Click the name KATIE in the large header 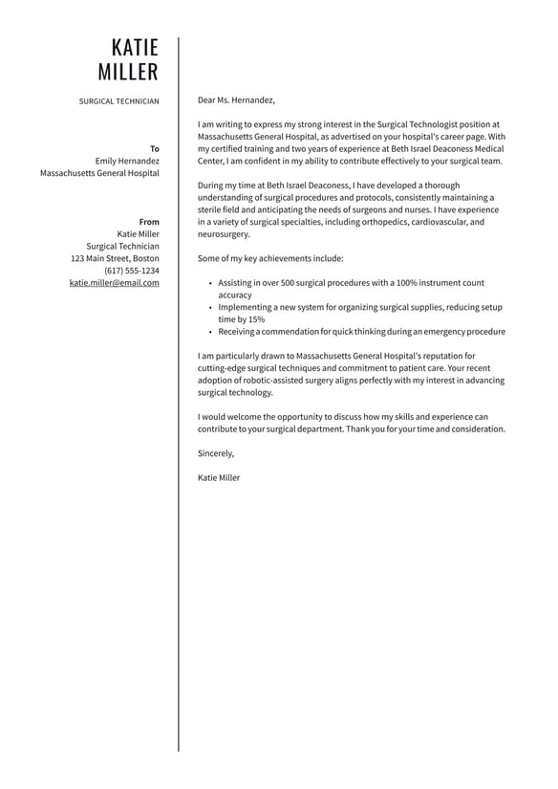pyautogui.click(x=135, y=48)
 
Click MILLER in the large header pyautogui.click(x=128, y=73)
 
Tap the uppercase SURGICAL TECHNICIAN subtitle pyautogui.click(x=119, y=100)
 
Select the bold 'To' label pyautogui.click(x=155, y=148)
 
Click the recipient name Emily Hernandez pyautogui.click(x=127, y=161)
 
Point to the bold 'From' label pyautogui.click(x=149, y=222)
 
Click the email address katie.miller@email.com pyautogui.click(x=115, y=283)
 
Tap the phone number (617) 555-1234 pyautogui.click(x=132, y=271)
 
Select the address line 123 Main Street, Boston pyautogui.click(x=115, y=258)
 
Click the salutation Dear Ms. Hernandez pyautogui.click(x=236, y=99)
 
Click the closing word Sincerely pyautogui.click(x=215, y=453)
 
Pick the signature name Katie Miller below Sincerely pyautogui.click(x=219, y=477)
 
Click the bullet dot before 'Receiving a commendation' pyautogui.click(x=209, y=332)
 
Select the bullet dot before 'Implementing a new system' pyautogui.click(x=209, y=308)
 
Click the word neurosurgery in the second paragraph pyautogui.click(x=223, y=234)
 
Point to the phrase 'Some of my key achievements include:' pyautogui.click(x=269, y=258)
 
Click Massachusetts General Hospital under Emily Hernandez pyautogui.click(x=99, y=173)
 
